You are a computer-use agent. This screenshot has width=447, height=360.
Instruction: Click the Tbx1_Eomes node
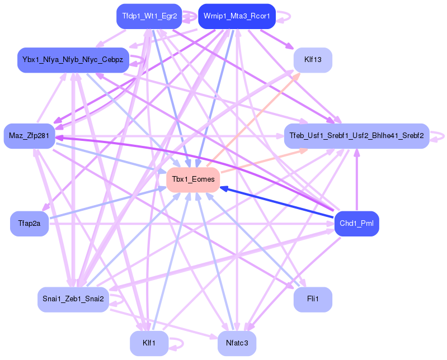(193, 179)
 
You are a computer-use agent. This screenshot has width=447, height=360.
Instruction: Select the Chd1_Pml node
(356, 224)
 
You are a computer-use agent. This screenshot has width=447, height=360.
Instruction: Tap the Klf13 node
(313, 60)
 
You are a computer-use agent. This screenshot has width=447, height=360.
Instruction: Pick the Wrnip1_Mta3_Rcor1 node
(237, 16)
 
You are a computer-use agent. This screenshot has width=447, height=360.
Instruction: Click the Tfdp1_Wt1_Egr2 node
(149, 16)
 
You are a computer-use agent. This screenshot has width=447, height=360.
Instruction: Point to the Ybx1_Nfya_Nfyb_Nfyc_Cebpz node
(73, 60)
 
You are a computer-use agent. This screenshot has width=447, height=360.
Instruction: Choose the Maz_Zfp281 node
(29, 136)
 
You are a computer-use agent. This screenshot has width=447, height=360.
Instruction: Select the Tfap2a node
(29, 224)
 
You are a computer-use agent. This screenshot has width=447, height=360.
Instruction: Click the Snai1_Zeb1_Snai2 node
(73, 299)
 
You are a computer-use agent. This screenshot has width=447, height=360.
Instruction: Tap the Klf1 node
(149, 343)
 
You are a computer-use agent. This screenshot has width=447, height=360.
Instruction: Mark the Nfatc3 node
(237, 343)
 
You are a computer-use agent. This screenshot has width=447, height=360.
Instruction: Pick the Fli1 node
(313, 299)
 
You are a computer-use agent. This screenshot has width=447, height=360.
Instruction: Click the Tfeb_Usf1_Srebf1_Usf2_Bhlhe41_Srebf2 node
(356, 136)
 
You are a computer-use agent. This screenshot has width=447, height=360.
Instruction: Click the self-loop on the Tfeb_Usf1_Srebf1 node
(442, 136)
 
